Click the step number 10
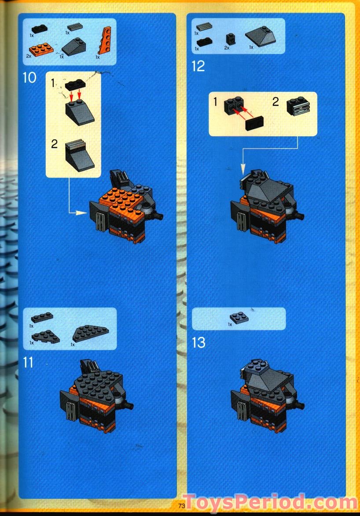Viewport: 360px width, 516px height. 29,79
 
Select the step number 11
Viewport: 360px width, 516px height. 28,362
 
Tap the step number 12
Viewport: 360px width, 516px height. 198,66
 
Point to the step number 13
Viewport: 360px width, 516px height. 198,342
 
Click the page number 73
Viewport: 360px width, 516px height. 181,505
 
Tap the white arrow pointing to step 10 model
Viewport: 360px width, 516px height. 79,213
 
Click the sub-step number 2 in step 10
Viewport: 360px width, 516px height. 54,144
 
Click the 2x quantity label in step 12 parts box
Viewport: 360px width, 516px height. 227,48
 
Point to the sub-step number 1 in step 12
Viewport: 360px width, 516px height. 215,102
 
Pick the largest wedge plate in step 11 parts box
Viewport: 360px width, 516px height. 91,334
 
